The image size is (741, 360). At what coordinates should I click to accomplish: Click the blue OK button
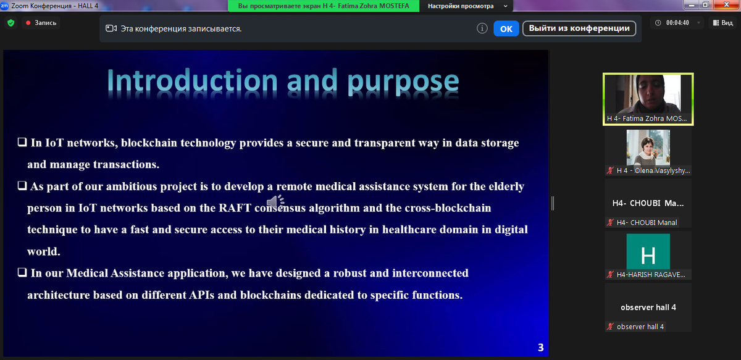tap(506, 29)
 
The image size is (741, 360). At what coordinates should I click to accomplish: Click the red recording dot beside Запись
tap(28, 23)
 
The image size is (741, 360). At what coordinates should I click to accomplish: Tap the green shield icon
tap(11, 23)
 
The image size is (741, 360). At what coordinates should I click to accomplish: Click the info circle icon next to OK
tap(482, 28)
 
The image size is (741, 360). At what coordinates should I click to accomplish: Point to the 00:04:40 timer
tap(677, 22)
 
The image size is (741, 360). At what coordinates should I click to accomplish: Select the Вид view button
tap(723, 22)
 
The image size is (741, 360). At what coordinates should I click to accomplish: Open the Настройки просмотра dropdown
tap(466, 6)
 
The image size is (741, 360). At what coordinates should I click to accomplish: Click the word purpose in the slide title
tap(403, 82)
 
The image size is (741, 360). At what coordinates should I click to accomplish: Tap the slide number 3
tap(540, 348)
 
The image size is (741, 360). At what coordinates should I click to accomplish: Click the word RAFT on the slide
tap(235, 208)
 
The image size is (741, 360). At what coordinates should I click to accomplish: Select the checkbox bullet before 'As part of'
tap(22, 186)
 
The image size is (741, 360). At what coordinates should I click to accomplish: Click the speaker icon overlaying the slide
tap(275, 202)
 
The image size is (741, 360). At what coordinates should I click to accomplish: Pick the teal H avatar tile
tap(648, 252)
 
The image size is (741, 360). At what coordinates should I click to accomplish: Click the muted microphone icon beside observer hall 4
tap(610, 327)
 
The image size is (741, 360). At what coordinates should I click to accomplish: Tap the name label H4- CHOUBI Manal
tap(647, 223)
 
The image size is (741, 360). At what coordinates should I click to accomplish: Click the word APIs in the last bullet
tap(201, 295)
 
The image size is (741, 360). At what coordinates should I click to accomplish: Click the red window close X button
tap(726, 4)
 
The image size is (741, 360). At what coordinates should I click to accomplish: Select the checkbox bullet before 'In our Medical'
tap(22, 272)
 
